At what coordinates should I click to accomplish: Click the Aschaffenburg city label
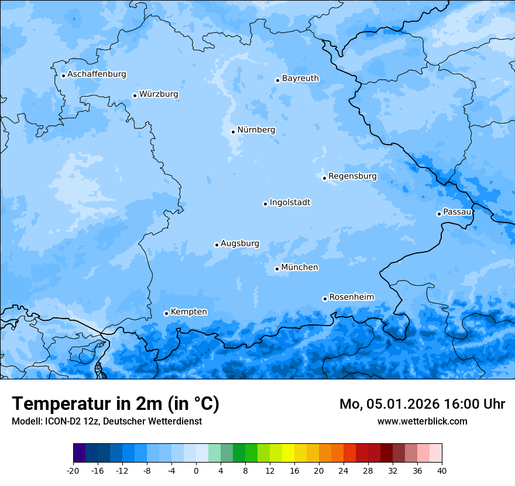coord(97,74)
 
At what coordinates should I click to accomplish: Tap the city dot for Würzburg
coord(135,95)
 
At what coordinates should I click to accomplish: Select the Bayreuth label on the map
coord(300,78)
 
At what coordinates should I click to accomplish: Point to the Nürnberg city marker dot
coord(233,132)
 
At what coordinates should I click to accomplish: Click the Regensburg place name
coord(352,176)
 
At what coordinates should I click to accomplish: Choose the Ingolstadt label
coord(290,203)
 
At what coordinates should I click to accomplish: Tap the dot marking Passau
coord(439,214)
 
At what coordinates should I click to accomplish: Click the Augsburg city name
coord(240,244)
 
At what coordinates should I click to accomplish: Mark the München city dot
coord(277,269)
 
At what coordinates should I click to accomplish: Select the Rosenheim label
coord(351,297)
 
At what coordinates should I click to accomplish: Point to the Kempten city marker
coord(166,313)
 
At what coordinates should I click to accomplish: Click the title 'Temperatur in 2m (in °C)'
coord(115,404)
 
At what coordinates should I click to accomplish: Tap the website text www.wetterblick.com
coord(422,421)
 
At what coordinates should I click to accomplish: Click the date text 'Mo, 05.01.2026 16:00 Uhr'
coord(422,404)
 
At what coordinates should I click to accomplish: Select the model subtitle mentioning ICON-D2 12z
coord(107,421)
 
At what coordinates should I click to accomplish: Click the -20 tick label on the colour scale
coord(73,470)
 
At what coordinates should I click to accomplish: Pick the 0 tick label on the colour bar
coord(196,470)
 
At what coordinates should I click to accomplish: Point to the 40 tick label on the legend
coord(442,470)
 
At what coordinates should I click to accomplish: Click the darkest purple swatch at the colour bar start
coord(80,453)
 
